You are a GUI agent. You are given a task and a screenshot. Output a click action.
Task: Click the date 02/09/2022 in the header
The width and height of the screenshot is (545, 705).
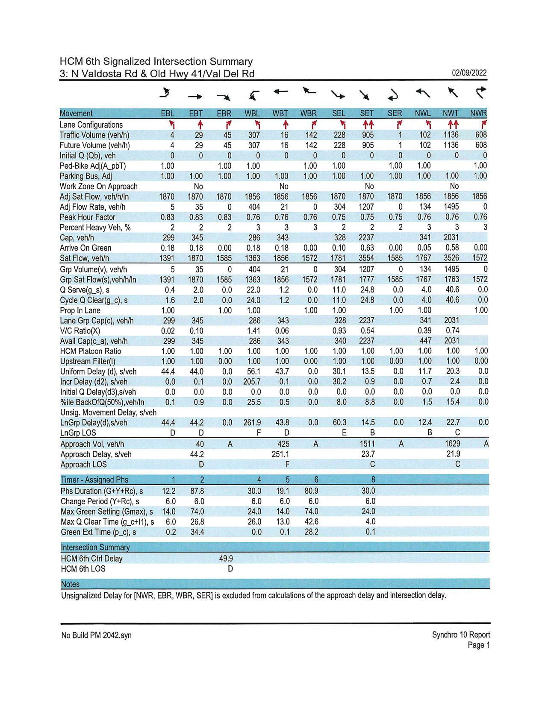(x=469, y=73)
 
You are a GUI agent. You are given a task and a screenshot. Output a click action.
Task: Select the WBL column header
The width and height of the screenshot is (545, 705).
(x=252, y=114)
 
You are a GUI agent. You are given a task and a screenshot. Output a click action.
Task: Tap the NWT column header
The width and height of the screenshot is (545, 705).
(x=451, y=114)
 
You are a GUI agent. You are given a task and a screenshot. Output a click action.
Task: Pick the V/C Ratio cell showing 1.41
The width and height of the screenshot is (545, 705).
(x=253, y=331)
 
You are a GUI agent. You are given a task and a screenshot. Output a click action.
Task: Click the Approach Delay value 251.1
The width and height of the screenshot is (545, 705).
(x=280, y=454)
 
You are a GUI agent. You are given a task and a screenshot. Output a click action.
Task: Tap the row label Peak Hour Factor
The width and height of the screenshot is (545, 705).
(x=88, y=217)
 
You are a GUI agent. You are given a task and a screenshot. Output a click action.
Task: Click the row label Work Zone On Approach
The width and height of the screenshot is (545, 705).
(x=99, y=187)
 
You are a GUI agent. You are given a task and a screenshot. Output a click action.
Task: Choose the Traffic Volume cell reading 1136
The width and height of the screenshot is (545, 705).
(x=451, y=135)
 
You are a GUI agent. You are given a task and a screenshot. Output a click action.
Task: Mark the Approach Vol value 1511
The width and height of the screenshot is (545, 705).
(x=367, y=444)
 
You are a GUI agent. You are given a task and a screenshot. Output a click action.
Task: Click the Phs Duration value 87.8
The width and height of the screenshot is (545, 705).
(x=197, y=491)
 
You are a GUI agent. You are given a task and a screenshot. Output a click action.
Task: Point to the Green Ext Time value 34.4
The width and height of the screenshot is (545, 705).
(x=197, y=532)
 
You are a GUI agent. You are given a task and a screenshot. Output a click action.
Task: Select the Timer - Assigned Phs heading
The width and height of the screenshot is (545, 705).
(x=94, y=480)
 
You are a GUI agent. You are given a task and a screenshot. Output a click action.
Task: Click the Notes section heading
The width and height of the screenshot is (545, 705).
(x=70, y=584)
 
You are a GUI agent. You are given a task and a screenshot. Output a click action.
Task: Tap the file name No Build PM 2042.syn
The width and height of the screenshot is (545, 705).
(x=97, y=635)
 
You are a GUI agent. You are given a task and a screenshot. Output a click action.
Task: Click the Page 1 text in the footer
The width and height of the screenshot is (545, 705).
(x=479, y=645)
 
